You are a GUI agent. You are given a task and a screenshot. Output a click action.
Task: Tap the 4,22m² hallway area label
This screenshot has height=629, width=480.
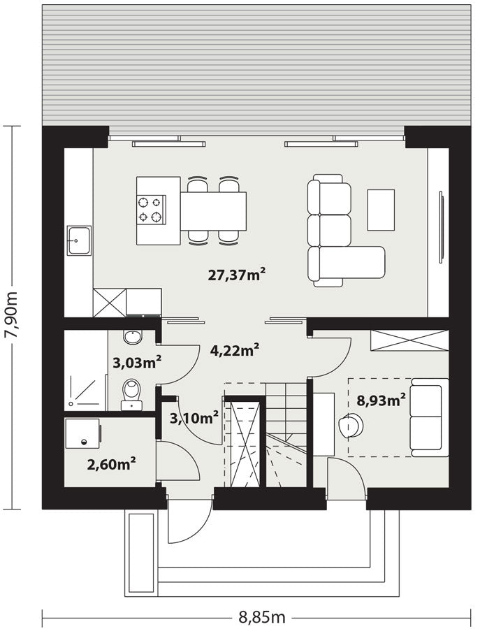click(x=235, y=350)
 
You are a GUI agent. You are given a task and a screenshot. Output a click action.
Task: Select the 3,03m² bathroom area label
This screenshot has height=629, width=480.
click(x=137, y=363)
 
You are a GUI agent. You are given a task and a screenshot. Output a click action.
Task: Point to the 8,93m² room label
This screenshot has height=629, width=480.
click(x=381, y=400)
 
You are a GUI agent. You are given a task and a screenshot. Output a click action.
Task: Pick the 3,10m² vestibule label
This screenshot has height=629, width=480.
click(x=194, y=418)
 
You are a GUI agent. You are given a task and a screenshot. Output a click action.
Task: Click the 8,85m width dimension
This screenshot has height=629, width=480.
click(x=262, y=617)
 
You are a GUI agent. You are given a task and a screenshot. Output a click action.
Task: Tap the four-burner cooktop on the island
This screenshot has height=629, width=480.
click(x=151, y=209)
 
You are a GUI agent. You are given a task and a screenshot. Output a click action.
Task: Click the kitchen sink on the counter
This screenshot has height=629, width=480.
click(x=79, y=240)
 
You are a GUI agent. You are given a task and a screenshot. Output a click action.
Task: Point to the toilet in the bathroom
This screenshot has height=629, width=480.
click(x=131, y=395)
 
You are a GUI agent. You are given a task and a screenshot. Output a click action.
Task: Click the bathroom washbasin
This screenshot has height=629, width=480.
click(x=133, y=337)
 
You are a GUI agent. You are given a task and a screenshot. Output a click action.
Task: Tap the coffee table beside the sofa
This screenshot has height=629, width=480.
click(x=381, y=210)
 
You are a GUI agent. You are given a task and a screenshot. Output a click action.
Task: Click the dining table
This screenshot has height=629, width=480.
click(x=213, y=211)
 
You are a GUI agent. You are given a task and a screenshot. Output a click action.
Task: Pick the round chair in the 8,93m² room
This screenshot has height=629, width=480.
click(x=351, y=426)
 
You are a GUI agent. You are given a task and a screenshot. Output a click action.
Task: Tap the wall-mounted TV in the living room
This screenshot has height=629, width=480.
click(x=442, y=227)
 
